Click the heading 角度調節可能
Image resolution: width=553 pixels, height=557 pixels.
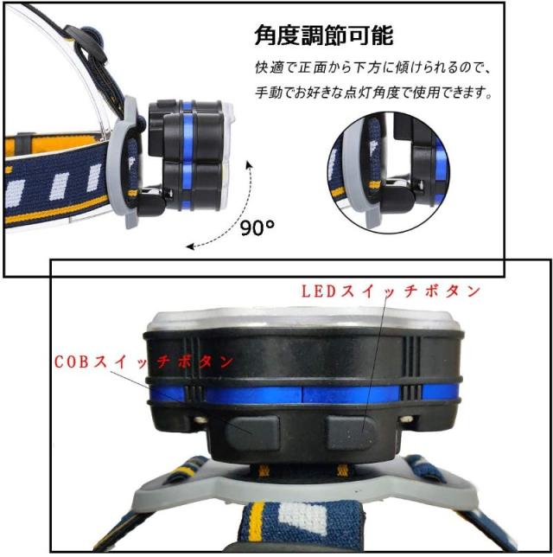pos(324,35)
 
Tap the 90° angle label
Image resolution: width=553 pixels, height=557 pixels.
pos(257,227)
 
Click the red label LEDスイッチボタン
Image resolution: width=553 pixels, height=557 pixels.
pos(391,291)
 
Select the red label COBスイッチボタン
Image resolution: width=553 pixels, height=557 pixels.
pos(143,362)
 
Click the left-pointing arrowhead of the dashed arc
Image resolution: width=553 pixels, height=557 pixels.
pos(191,246)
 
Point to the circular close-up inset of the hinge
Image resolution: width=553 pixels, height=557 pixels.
pos(389,172)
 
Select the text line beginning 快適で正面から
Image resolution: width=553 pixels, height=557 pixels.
pos(373,67)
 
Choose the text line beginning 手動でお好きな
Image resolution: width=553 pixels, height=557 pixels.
pos(373,93)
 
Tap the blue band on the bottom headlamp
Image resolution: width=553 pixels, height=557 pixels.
pos(304,394)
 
